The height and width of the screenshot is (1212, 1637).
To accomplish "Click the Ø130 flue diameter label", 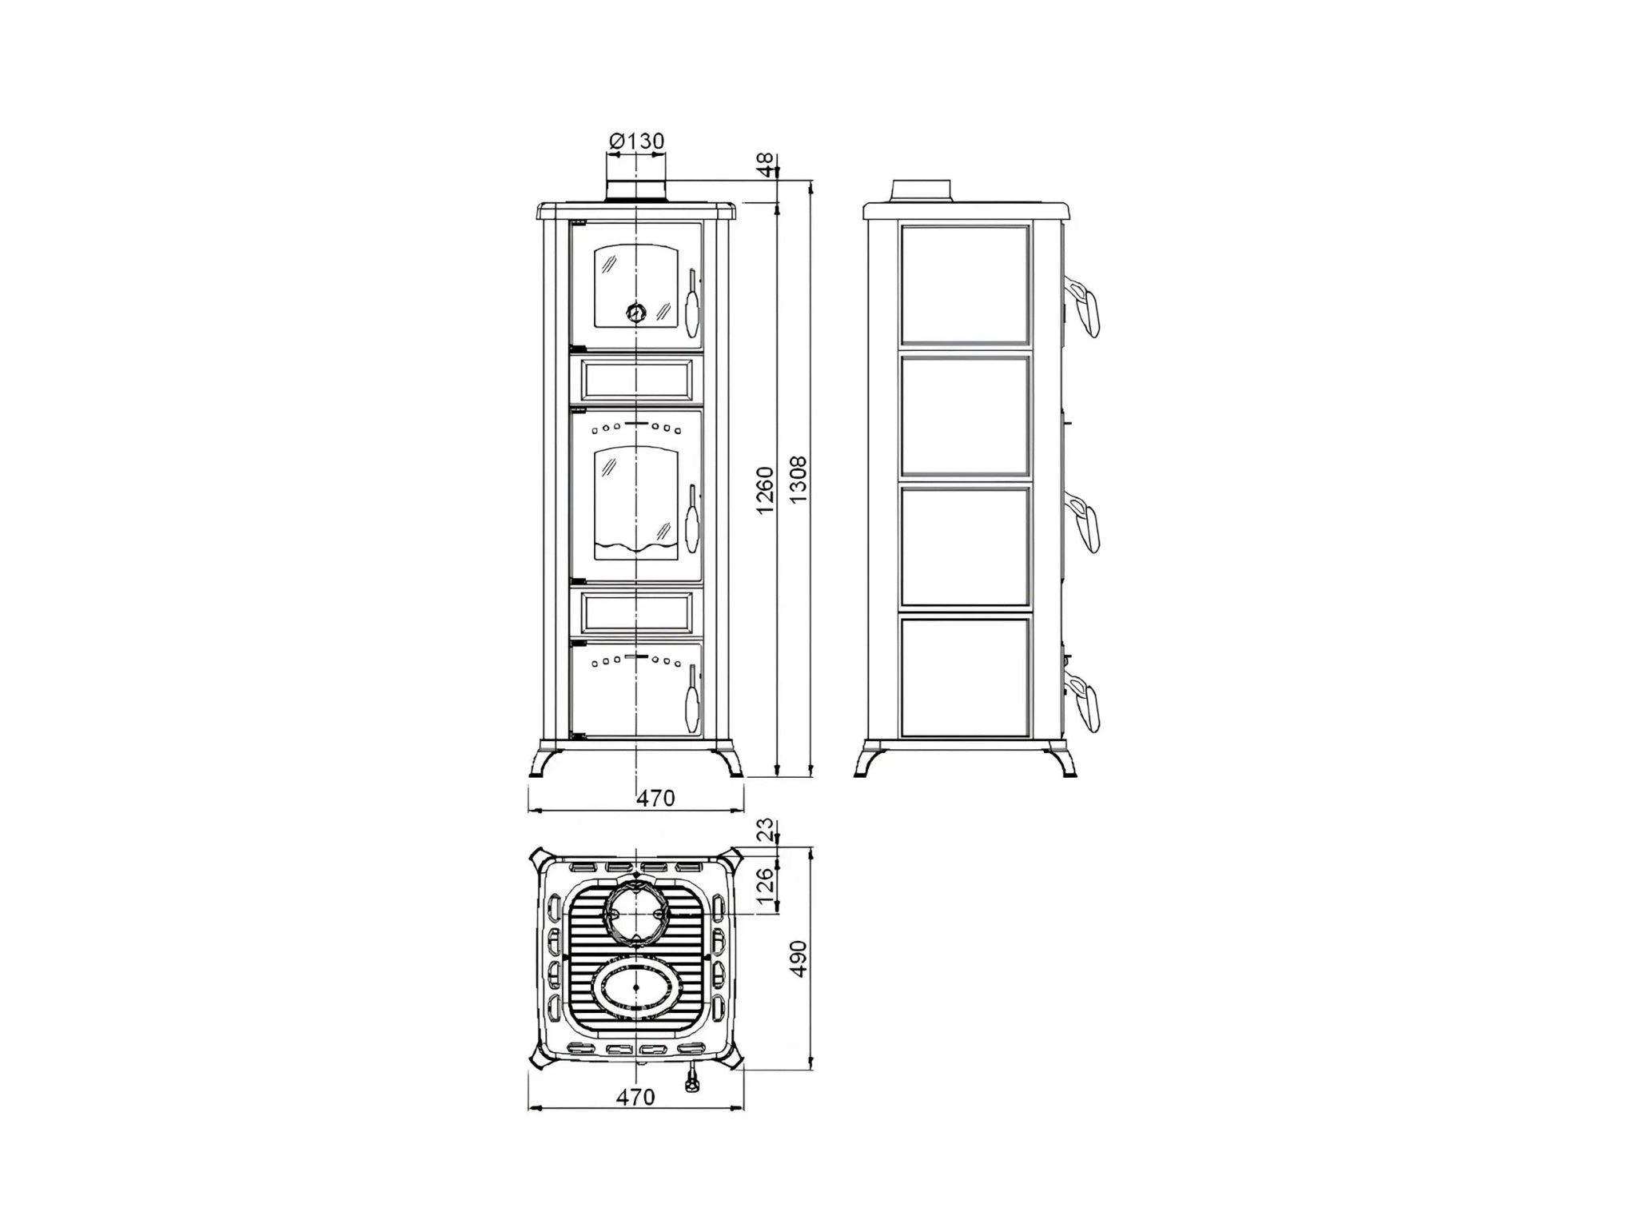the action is coord(636,142).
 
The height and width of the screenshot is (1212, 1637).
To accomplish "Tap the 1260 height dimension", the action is coord(765,490).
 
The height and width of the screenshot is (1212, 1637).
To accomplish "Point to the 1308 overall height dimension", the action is coord(798,480).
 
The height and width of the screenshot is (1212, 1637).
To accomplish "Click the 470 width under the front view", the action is coord(655,798).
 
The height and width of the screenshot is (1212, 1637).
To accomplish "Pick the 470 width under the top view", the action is coord(635,1097).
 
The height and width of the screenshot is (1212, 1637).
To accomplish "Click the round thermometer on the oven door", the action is coord(635,313).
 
